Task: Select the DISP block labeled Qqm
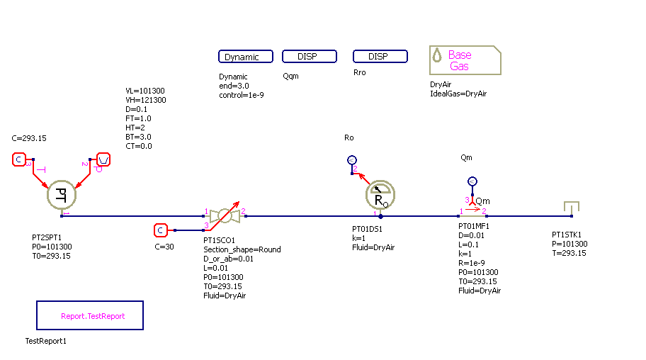309,57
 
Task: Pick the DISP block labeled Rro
380,57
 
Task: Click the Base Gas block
465,60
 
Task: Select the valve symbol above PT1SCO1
223,215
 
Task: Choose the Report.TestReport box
90,316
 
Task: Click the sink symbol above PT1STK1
572,208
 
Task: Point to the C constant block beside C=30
161,230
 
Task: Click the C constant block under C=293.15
19,159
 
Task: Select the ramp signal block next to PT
103,159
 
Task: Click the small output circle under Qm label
473,181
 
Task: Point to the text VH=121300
146,101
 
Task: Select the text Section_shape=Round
242,249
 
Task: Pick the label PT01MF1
474,227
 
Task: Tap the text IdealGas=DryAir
458,94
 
